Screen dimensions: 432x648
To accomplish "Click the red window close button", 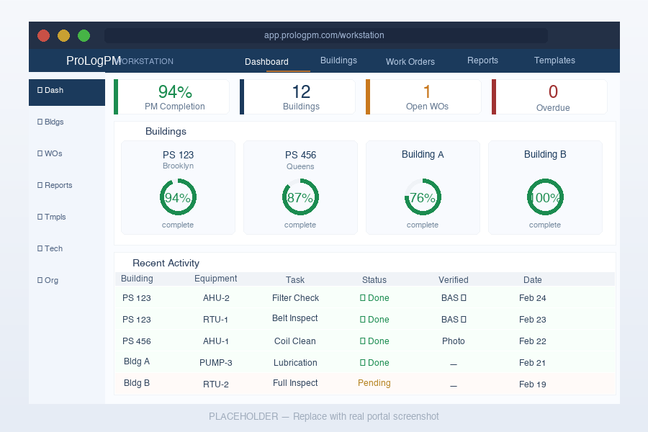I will pos(43,35).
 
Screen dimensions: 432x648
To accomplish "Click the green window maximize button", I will pos(84,35).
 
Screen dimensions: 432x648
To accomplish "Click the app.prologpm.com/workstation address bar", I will pos(325,35).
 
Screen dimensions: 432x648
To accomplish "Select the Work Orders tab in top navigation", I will pos(410,61).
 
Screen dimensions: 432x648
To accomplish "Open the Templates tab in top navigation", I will pos(554,60).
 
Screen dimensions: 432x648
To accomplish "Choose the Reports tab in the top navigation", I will pos(482,60).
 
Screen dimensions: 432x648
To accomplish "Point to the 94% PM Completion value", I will pos(175,91).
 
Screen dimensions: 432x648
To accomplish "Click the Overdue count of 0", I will pos(553,91).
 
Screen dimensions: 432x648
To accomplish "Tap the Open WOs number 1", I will pos(427,91).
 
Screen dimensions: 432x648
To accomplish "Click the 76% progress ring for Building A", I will pos(423,198).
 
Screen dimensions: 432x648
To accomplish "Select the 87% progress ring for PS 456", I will pos(300,198).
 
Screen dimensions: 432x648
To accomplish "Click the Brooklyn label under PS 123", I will pos(178,166).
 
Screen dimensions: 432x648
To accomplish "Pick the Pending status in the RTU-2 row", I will pos(374,383).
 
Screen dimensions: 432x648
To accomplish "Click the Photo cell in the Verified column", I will pos(454,341).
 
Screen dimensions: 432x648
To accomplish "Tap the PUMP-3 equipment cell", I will pos(216,363).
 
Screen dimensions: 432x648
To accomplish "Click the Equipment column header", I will pos(216,279).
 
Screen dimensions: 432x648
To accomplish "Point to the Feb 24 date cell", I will pos(533,298).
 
